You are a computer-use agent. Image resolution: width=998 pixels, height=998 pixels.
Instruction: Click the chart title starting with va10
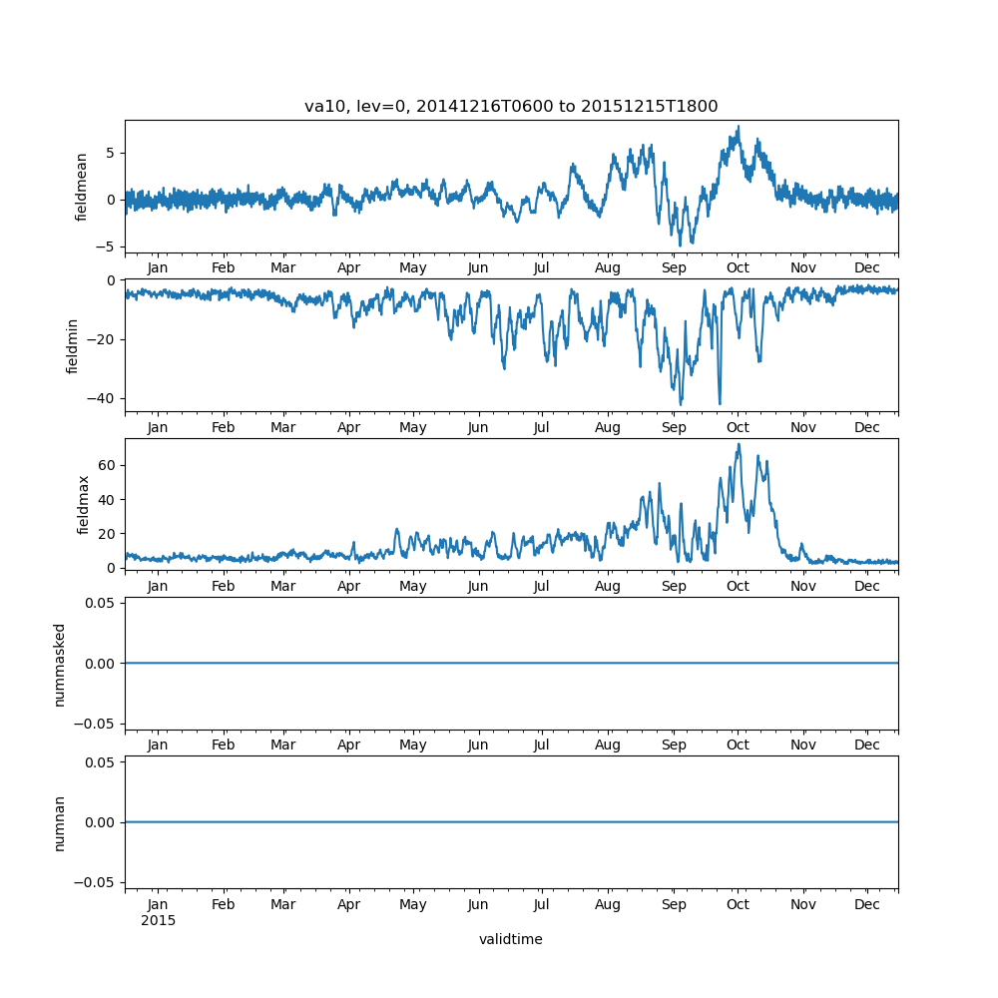tap(511, 107)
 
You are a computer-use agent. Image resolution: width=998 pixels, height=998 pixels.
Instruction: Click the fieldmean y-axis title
tap(83, 187)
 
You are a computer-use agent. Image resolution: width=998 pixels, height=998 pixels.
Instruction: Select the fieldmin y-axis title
tap(72, 345)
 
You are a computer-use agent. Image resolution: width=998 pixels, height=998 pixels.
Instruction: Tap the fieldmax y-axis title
tap(83, 505)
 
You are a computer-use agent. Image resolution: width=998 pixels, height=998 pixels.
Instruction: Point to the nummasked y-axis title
tap(60, 664)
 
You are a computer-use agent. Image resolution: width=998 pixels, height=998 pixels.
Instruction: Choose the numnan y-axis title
tap(60, 822)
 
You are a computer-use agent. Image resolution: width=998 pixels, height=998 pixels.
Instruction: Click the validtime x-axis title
tap(511, 939)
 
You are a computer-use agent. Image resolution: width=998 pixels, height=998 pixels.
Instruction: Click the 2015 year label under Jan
tap(158, 920)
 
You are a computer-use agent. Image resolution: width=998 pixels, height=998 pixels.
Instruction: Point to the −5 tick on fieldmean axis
tap(108, 247)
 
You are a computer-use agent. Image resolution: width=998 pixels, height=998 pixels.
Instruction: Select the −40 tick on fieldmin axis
tap(104, 398)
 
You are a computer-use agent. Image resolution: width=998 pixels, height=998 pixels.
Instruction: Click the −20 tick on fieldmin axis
tap(104, 339)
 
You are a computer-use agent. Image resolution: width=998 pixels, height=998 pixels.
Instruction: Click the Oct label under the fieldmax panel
tap(738, 587)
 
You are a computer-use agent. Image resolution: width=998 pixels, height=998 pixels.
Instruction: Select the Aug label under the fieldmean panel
tap(608, 268)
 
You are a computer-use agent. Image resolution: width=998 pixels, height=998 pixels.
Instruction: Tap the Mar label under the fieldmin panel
tap(283, 427)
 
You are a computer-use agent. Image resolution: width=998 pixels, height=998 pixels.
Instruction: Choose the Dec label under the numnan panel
tap(867, 904)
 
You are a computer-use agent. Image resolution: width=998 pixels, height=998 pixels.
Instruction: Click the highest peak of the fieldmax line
tap(739, 444)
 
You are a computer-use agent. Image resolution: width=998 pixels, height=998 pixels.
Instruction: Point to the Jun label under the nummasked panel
tap(478, 746)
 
